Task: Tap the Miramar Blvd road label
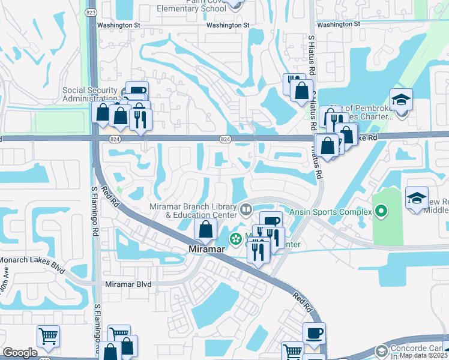point(129,284)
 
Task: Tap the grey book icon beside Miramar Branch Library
point(246,210)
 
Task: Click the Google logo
point(20,353)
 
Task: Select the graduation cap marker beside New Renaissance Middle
point(417,199)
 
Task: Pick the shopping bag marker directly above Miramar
point(206,229)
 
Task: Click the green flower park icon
point(237,239)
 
